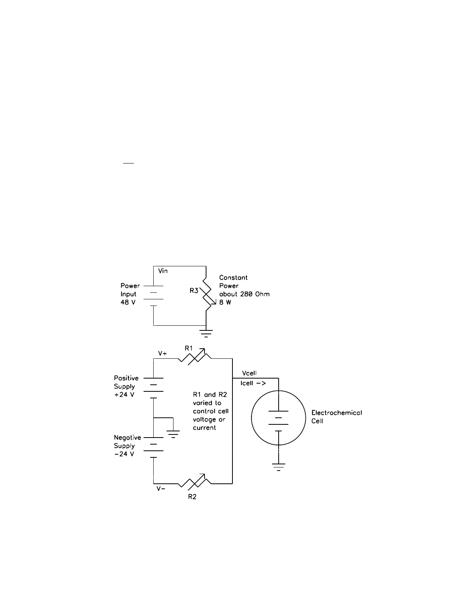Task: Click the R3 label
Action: tap(194, 290)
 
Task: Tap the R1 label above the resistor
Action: tap(189, 348)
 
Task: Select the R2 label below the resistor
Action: tap(192, 497)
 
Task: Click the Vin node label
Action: tap(163, 271)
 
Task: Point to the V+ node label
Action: tap(163, 354)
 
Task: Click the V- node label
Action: tap(161, 489)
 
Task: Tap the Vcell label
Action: tap(249, 374)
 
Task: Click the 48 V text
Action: tap(128, 302)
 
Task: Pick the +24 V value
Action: tap(124, 395)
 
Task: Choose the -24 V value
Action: tap(124, 454)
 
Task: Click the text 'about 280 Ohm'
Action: tap(244, 294)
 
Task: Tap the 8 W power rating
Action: tap(225, 302)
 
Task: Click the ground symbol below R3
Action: tap(206, 333)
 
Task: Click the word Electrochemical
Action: tap(336, 413)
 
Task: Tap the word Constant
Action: tap(233, 278)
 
